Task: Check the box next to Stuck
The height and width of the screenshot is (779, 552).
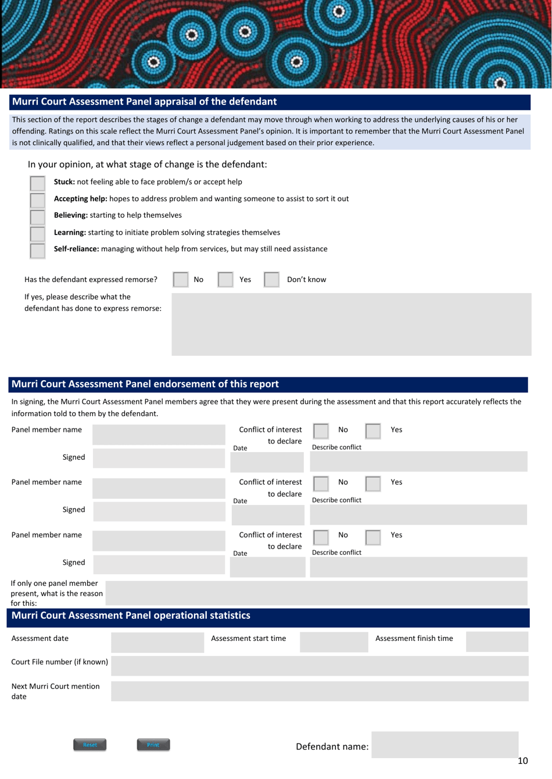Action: (x=37, y=183)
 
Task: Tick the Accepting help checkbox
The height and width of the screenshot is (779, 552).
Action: (x=37, y=200)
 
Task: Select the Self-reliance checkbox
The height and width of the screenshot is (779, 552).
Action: (x=37, y=251)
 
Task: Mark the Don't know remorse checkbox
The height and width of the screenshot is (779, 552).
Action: (x=271, y=280)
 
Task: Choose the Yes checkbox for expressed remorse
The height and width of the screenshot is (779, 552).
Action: (x=225, y=280)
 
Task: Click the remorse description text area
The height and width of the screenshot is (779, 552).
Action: (x=351, y=324)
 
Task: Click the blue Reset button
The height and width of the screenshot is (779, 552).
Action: (x=89, y=745)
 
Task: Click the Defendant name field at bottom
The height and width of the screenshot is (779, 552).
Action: (x=445, y=745)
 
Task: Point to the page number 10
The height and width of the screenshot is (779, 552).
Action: (x=522, y=761)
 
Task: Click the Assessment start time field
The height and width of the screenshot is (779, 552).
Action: (x=334, y=642)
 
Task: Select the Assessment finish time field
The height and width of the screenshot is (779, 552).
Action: (x=497, y=642)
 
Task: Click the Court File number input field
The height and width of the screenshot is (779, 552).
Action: (x=320, y=666)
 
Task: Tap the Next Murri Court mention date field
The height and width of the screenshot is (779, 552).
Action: (x=320, y=691)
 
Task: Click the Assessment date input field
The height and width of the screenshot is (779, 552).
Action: (x=157, y=642)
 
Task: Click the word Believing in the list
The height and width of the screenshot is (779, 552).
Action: (x=70, y=215)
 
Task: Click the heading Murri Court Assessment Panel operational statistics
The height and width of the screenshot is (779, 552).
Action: (x=131, y=616)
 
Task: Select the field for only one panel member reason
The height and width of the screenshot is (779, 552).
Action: (x=316, y=593)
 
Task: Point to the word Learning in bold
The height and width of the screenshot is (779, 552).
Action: (x=70, y=233)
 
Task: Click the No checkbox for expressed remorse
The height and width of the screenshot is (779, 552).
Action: (x=181, y=280)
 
